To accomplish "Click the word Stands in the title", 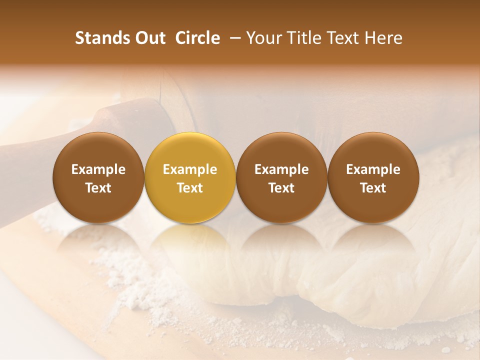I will [x=102, y=38].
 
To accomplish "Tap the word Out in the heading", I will [x=149, y=38].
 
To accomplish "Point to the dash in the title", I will [x=233, y=38].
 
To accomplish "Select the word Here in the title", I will [x=385, y=38].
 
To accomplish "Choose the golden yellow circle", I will [x=190, y=177].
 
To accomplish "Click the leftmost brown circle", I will [x=98, y=177].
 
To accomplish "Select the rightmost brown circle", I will [x=373, y=177].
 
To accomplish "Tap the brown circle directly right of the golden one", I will [x=281, y=177].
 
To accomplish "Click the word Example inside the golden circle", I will [x=190, y=169].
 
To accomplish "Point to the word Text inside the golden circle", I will [x=190, y=188].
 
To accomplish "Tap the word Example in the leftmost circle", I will [x=98, y=169].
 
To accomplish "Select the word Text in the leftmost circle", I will [x=98, y=188].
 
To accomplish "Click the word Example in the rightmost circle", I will [x=373, y=169].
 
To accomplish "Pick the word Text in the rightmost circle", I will [x=373, y=188].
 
